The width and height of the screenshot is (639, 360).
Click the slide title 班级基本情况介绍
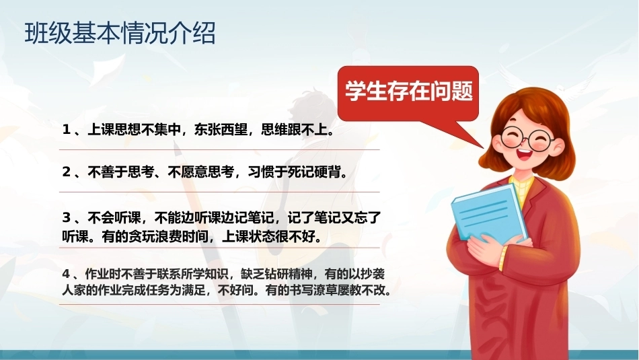pyautogui.click(x=120, y=33)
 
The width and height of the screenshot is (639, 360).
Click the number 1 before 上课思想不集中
pyautogui.click(x=66, y=130)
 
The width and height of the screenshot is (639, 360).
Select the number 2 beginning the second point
pyautogui.click(x=67, y=172)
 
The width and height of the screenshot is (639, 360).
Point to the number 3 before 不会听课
pyautogui.click(x=67, y=217)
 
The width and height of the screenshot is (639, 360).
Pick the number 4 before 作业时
pyautogui.click(x=66, y=274)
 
